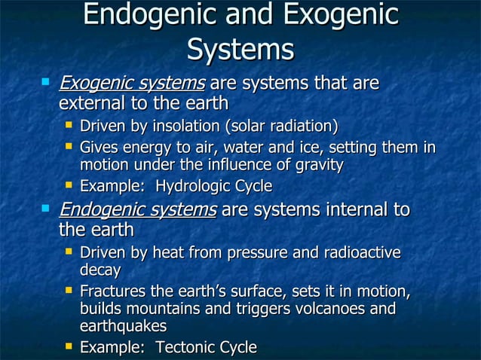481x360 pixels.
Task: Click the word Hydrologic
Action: coord(188,185)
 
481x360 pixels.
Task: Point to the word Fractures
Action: coord(112,291)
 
